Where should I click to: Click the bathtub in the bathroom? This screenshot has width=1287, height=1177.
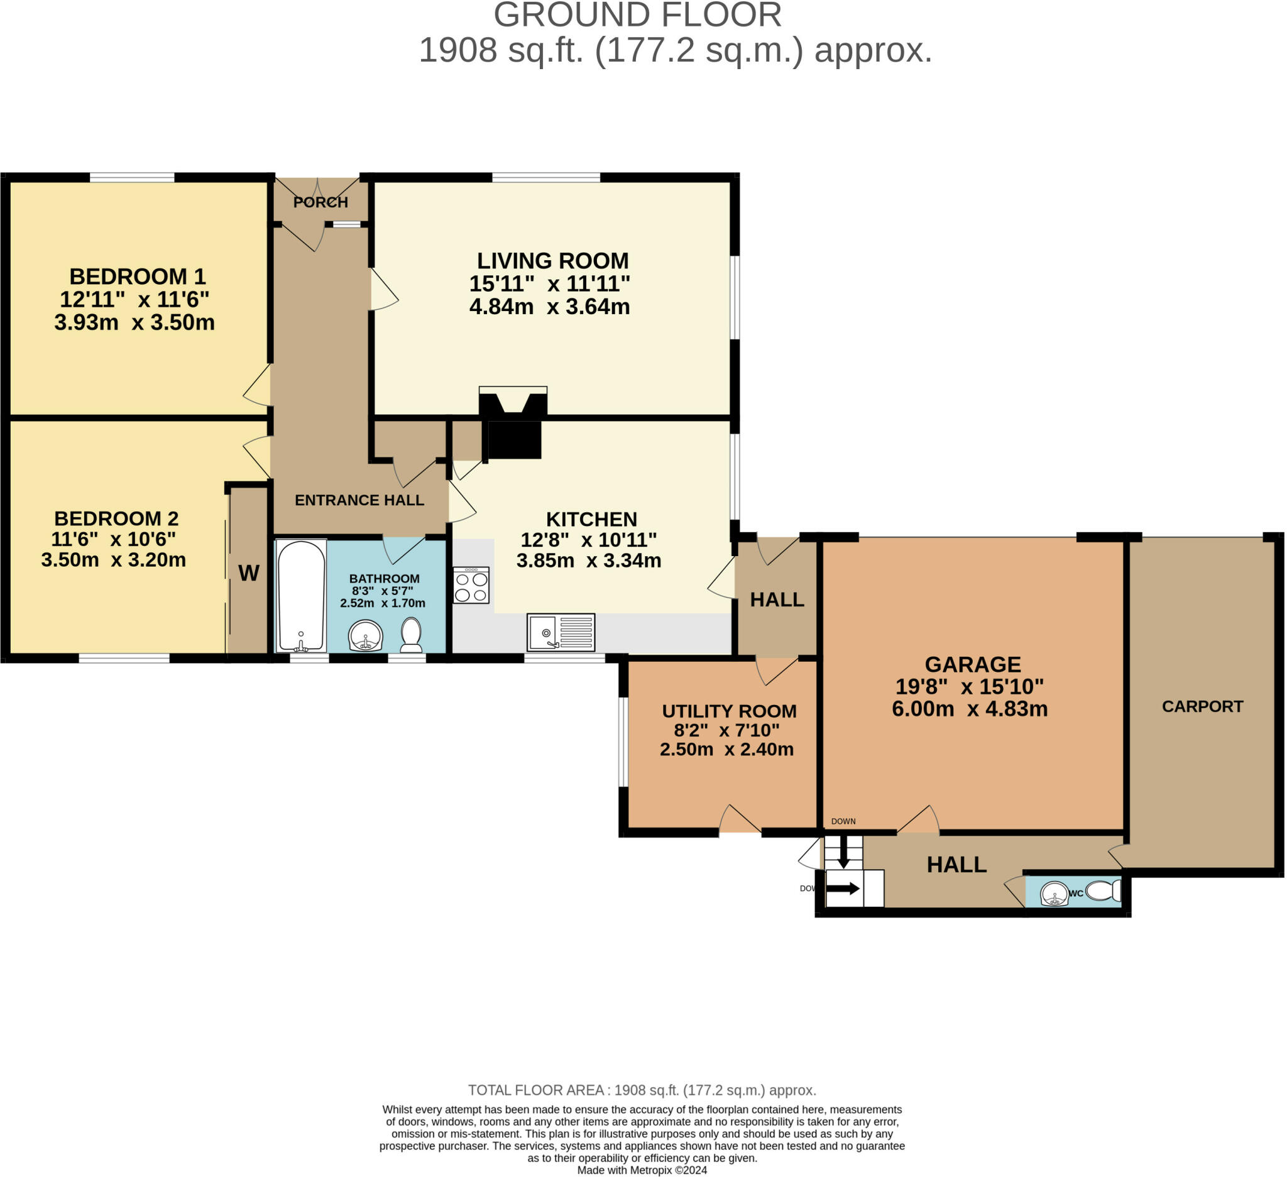[x=301, y=596]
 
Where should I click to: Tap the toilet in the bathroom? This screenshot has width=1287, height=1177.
[x=412, y=635]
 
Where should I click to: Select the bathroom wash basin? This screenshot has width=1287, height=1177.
[x=366, y=636]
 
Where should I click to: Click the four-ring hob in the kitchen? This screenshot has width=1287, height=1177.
[x=472, y=585]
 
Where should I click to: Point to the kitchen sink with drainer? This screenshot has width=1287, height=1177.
[x=561, y=632]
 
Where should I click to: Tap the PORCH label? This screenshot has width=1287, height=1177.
[x=320, y=202]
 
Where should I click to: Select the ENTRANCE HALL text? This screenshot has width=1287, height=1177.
[x=359, y=500]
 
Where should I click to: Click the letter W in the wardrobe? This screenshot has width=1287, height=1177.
[x=249, y=573]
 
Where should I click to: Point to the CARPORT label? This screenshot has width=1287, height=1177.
[x=1203, y=706]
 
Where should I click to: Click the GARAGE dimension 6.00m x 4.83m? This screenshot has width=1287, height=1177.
[x=970, y=709]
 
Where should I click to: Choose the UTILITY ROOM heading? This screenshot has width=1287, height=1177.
[x=729, y=711]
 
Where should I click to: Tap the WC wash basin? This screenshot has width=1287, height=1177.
[x=1054, y=894]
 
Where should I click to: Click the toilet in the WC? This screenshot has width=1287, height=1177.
[x=1103, y=890]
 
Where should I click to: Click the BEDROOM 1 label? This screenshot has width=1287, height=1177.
[x=137, y=276]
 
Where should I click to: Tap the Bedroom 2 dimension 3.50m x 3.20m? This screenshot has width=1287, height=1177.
[x=114, y=560]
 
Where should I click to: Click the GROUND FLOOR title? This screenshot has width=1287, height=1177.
[x=638, y=15]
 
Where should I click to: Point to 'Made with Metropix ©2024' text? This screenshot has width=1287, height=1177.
[x=642, y=1170]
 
